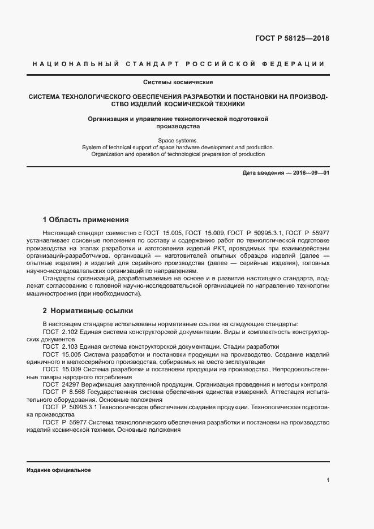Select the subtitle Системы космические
(x=177, y=82)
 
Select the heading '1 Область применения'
(x=86, y=220)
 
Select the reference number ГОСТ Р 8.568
(x=63, y=392)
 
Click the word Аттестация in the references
(x=289, y=392)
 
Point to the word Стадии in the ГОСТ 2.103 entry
(x=240, y=346)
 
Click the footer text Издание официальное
(x=58, y=470)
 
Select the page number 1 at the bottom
(x=328, y=480)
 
